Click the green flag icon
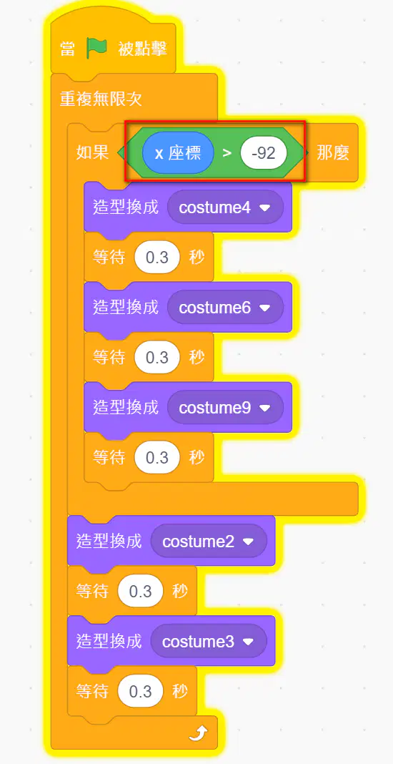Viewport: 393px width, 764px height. point(97,48)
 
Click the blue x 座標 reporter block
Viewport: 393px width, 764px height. point(178,153)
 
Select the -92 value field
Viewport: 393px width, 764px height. point(264,154)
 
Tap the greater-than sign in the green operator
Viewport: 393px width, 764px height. point(227,154)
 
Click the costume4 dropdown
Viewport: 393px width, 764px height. point(225,207)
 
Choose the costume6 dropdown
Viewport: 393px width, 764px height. point(225,308)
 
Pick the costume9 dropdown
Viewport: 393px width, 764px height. point(225,408)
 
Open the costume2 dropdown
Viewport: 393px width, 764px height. point(209,542)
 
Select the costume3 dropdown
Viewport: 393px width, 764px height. point(209,641)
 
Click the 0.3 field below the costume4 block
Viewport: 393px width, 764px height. point(157,258)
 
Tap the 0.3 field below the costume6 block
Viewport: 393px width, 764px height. point(157,358)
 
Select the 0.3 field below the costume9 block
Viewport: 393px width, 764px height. point(157,458)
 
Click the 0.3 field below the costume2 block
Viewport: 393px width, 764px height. point(141,592)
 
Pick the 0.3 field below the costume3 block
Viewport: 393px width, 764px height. point(141,692)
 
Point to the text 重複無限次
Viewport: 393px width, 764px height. point(101,99)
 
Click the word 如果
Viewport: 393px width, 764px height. point(92,153)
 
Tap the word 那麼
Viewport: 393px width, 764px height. point(333,153)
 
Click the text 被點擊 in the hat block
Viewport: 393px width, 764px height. point(143,49)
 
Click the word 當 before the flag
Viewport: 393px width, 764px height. point(68,49)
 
